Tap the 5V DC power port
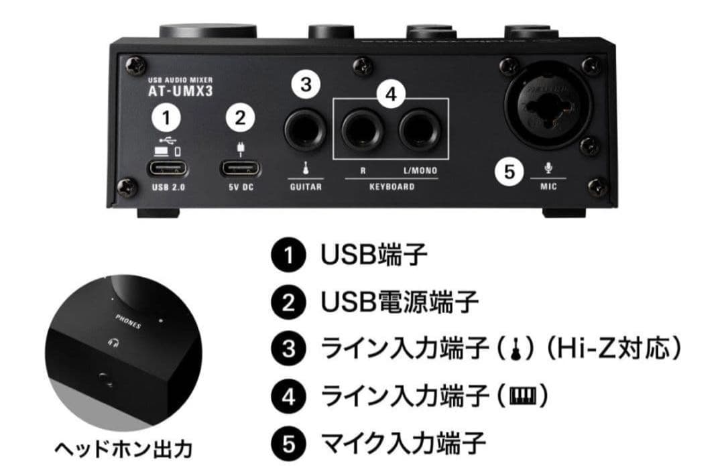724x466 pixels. (239, 167)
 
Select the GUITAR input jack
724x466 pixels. (305, 129)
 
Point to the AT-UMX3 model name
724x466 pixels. (170, 92)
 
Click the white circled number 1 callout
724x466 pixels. (166, 118)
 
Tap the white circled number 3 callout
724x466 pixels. (306, 84)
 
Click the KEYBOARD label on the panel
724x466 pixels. (391, 186)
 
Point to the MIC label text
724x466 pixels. (548, 186)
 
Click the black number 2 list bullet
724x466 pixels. (288, 302)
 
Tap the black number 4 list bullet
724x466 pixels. (288, 396)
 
